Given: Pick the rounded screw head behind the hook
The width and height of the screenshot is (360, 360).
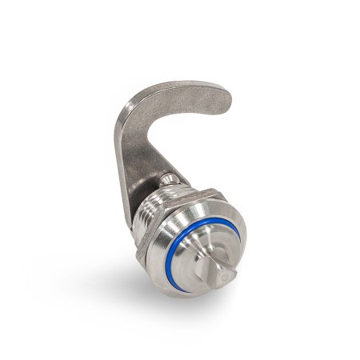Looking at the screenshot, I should pos(169,178).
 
